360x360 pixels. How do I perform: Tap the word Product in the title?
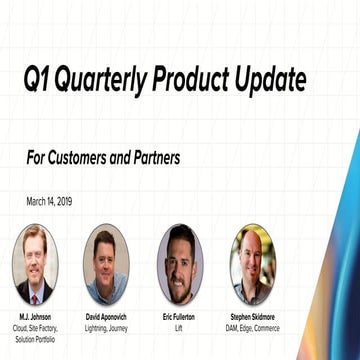pyautogui.click(x=196, y=78)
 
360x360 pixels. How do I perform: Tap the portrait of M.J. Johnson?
pyautogui.click(x=35, y=264)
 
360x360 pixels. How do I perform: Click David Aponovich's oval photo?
pyautogui.click(x=106, y=264)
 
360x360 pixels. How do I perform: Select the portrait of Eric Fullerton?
pyautogui.click(x=180, y=264)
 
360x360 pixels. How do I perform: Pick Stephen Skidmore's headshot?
pyautogui.click(x=252, y=264)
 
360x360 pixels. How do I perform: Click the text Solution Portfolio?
pyautogui.click(x=35, y=340)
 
